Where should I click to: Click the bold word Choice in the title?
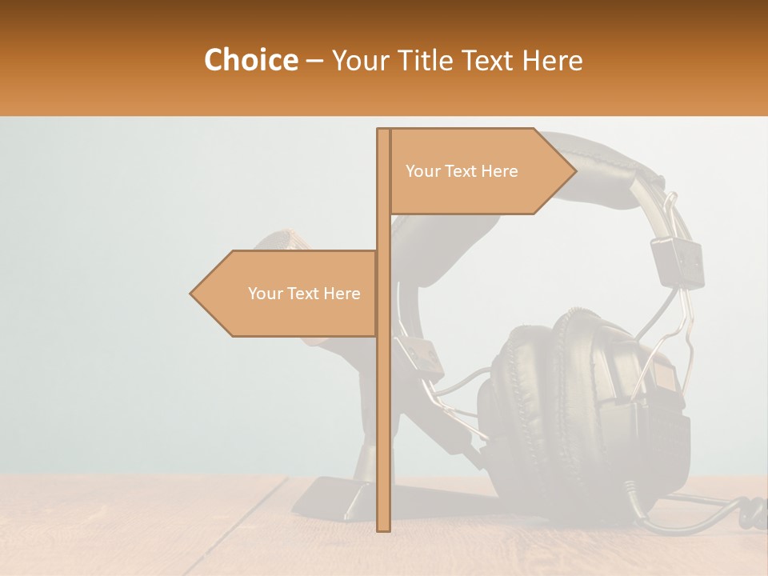250,60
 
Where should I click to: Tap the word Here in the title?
552,60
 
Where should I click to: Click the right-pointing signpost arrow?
480,171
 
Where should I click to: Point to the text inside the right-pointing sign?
462,171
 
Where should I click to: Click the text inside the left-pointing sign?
304,294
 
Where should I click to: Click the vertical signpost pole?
383,360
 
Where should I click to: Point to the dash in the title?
314,61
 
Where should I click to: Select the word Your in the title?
358,60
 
